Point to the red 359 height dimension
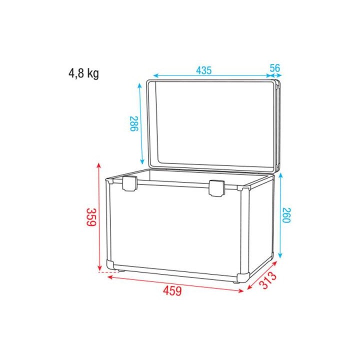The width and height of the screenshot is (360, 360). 90,217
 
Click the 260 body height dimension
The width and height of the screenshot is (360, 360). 286,215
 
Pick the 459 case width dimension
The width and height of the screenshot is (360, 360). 171,290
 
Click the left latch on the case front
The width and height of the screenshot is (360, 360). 130,184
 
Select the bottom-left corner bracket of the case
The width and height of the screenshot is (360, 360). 110,264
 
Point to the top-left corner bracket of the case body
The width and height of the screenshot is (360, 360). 110,182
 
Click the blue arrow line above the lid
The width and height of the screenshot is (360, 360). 210,76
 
